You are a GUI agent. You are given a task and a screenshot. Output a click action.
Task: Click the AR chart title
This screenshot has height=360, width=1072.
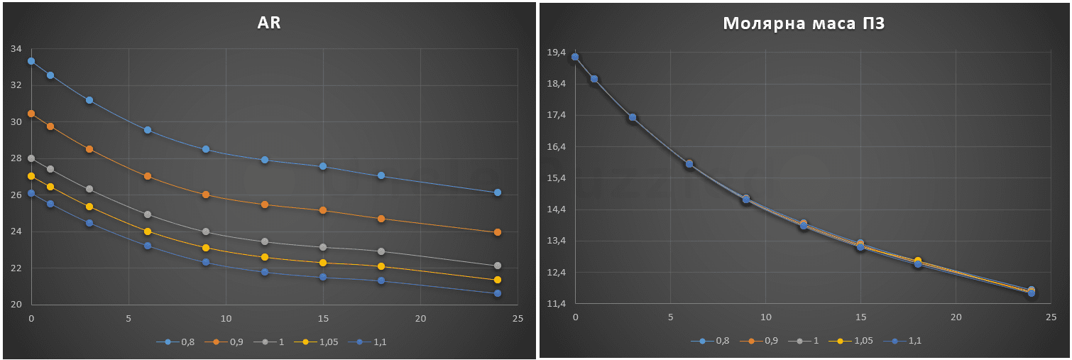(269, 23)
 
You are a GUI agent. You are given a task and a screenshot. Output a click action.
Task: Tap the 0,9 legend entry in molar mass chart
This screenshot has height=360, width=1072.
(762, 341)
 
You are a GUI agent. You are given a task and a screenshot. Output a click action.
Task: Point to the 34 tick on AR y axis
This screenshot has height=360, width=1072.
(16, 49)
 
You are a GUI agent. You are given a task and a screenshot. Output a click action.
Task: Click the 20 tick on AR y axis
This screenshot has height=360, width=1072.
(16, 305)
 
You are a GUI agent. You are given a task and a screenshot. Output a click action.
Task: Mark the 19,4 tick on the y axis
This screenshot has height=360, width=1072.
(557, 53)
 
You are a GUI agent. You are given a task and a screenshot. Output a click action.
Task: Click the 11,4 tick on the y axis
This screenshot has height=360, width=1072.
(557, 304)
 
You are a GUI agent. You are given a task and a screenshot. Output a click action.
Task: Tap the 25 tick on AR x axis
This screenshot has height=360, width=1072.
(518, 318)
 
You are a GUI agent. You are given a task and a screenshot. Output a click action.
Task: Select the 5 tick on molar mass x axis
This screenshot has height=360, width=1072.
(671, 317)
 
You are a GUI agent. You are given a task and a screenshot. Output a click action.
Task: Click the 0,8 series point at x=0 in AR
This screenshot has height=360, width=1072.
(31, 61)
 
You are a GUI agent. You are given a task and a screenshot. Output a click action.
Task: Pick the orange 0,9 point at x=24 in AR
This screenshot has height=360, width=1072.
(498, 232)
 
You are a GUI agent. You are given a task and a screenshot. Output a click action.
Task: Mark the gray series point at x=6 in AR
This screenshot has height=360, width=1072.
(148, 214)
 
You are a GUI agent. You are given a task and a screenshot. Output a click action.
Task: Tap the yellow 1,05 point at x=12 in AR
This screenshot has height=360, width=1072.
(265, 257)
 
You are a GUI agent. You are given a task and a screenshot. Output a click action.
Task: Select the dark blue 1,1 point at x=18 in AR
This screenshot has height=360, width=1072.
(381, 280)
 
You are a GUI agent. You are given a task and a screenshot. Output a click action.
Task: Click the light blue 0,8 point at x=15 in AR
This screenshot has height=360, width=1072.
(323, 166)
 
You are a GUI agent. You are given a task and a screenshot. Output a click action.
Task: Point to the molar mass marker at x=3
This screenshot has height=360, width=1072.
(633, 117)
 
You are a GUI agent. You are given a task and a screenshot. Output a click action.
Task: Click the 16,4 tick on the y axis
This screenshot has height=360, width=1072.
(557, 147)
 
